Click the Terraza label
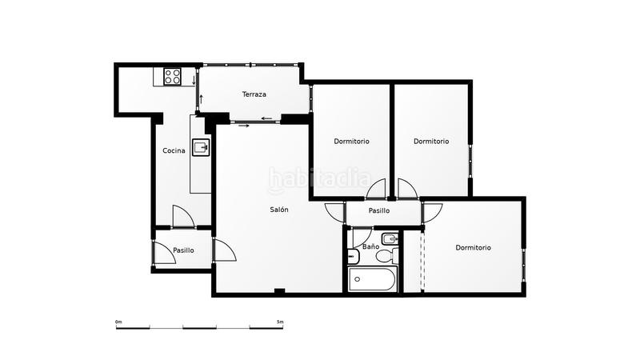click(x=254, y=94)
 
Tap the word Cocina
click(x=174, y=150)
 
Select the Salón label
click(x=279, y=210)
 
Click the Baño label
click(x=370, y=246)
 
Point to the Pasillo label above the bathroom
click(x=379, y=211)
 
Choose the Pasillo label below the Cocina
click(x=183, y=250)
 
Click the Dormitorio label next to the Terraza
click(x=351, y=142)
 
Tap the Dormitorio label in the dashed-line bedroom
click(x=474, y=247)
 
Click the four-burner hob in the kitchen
click(x=174, y=77)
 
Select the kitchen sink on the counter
click(x=202, y=146)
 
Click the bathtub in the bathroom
click(x=372, y=280)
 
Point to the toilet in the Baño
click(x=386, y=256)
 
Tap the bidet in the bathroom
click(x=390, y=238)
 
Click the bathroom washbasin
click(x=353, y=256)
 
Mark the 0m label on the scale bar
click(x=118, y=322)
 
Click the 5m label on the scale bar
click(x=280, y=322)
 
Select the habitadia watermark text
click(x=320, y=178)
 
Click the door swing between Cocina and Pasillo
click(x=182, y=217)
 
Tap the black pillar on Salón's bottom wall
click(x=279, y=290)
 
